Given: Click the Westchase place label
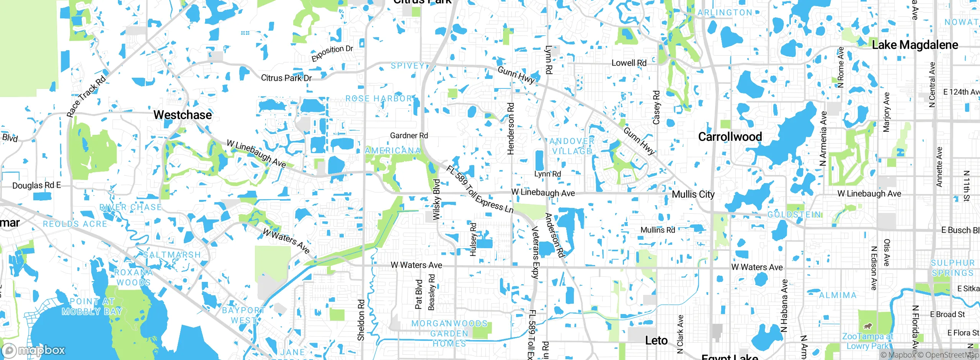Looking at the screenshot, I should tap(183, 115).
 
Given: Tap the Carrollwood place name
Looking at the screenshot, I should tap(730, 137).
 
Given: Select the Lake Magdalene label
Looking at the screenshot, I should tap(915, 45).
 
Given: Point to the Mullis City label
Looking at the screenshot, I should tap(693, 195).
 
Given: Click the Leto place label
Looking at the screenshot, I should tap(656, 340).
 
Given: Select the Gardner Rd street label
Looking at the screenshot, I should tap(409, 136).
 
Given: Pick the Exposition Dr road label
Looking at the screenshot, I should tap(332, 53).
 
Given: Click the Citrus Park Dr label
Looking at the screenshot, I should tap(286, 78).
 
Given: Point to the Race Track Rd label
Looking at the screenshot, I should tap(86, 96).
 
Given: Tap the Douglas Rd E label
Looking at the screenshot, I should tap(36, 185).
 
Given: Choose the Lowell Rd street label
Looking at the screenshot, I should tap(629, 63).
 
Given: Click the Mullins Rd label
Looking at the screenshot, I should tap(658, 230).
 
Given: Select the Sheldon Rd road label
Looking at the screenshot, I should tap(361, 320).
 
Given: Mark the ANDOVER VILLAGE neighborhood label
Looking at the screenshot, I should tap(572, 146).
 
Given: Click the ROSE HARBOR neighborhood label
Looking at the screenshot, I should tap(379, 98).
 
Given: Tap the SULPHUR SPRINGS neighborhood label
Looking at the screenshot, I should tap(952, 268).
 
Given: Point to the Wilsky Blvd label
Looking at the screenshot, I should tap(436, 200).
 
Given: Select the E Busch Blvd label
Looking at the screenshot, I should tap(960, 230).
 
